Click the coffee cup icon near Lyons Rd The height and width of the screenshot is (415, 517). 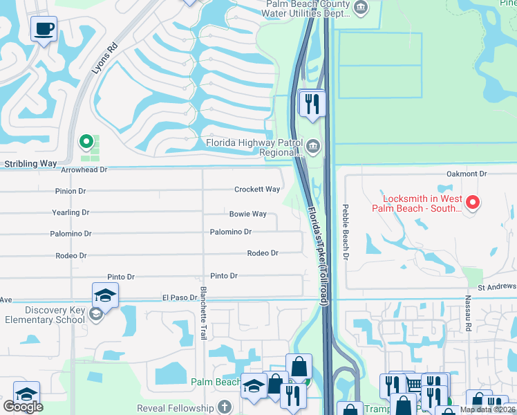[x=44, y=29]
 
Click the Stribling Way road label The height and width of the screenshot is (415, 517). [x=30, y=164]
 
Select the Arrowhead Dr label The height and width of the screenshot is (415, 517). [x=84, y=169]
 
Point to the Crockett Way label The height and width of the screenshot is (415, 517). [x=257, y=190]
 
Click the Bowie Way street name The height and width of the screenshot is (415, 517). [x=248, y=214]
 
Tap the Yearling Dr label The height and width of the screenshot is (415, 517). [x=70, y=213]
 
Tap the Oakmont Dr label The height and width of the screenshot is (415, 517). [x=467, y=174]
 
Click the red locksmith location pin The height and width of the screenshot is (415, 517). [x=473, y=202]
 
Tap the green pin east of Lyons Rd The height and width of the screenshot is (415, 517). [x=86, y=142]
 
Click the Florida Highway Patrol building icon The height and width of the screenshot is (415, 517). [x=314, y=146]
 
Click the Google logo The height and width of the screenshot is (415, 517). [x=23, y=407]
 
